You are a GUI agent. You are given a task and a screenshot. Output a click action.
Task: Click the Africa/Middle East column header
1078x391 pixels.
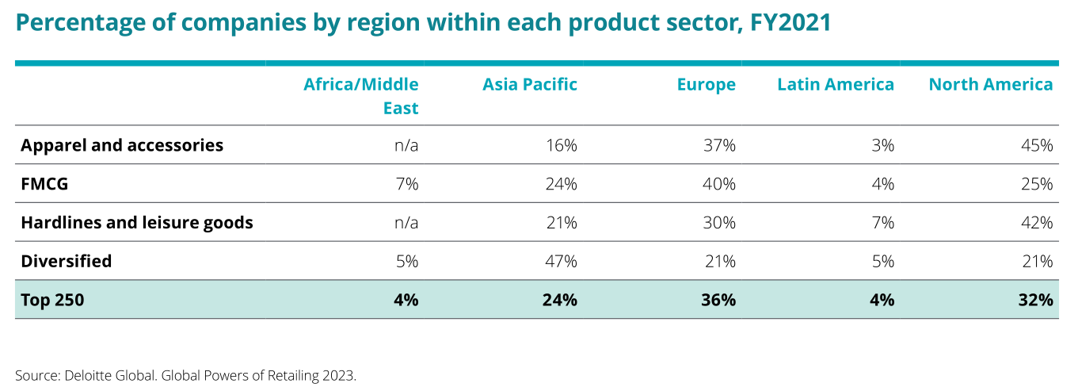[361, 96]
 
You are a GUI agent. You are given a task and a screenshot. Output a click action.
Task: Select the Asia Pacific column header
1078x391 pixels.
[530, 85]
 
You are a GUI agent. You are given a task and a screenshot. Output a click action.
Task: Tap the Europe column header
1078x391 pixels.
[706, 85]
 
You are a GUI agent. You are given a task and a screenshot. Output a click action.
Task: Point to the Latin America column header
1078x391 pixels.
[836, 85]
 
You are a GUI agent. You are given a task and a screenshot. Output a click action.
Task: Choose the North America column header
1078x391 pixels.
[991, 85]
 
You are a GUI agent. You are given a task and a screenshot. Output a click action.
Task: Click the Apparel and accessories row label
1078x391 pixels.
[122, 145]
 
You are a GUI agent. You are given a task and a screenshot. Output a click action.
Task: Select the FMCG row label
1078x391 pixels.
[44, 184]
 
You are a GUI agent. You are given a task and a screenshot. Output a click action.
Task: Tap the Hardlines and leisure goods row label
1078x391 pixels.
[137, 223]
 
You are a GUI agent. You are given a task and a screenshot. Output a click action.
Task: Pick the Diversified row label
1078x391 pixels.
[67, 261]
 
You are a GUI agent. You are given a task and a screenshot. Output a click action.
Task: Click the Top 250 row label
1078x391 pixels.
[52, 300]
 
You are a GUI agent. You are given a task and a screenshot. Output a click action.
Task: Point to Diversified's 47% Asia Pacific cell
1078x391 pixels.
[561, 261]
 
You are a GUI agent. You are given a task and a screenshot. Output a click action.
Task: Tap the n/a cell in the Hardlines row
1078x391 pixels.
[406, 223]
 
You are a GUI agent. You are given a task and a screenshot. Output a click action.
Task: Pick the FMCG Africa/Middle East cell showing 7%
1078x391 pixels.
[407, 184]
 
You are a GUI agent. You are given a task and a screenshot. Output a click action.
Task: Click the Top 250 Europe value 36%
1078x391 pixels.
[718, 300]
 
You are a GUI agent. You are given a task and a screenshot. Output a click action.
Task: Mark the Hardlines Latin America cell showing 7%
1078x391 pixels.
[882, 223]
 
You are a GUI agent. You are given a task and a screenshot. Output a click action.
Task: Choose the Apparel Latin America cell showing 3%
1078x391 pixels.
[882, 145]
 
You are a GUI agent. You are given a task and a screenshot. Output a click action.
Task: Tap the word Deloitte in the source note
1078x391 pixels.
[85, 374]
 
